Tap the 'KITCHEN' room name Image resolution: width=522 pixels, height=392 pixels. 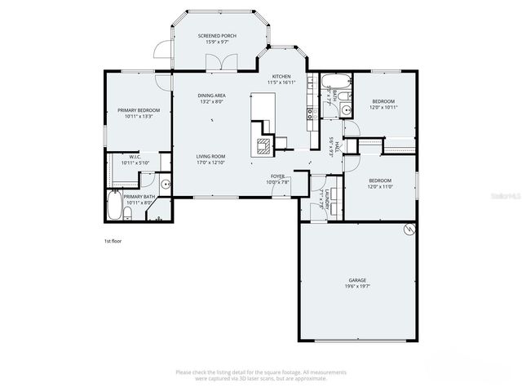[x=281, y=76]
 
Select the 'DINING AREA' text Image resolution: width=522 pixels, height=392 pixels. [x=211, y=96]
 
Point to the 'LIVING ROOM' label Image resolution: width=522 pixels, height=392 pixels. [x=210, y=156]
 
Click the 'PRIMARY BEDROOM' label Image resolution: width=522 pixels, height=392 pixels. [x=139, y=110]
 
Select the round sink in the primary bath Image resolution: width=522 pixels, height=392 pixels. [x=166, y=185]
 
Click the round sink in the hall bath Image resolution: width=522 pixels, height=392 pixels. [x=345, y=108]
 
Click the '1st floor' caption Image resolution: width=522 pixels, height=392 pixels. [x=113, y=242]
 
